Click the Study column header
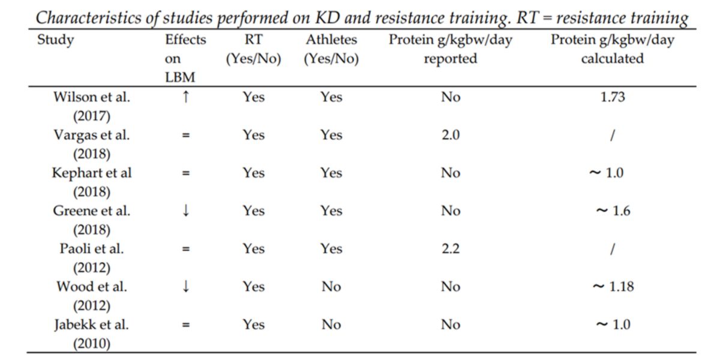click(x=55, y=41)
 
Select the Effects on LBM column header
click(x=185, y=59)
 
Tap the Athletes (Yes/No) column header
click(x=331, y=50)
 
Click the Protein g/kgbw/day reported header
click(x=450, y=50)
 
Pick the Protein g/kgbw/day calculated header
click(x=612, y=50)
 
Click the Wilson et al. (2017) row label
click(x=92, y=106)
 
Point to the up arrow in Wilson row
click(x=186, y=97)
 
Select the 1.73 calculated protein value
click(x=613, y=97)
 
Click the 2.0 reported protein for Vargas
click(x=450, y=135)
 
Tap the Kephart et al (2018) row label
click(x=92, y=182)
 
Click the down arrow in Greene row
click(x=186, y=211)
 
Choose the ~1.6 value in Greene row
click(x=613, y=211)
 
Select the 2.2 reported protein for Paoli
click(x=450, y=249)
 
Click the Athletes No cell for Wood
click(x=331, y=287)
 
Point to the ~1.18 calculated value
click(x=613, y=287)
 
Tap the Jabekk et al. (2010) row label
click(x=92, y=334)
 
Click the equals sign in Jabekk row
click(x=186, y=325)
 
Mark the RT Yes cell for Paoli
click(x=253, y=249)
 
